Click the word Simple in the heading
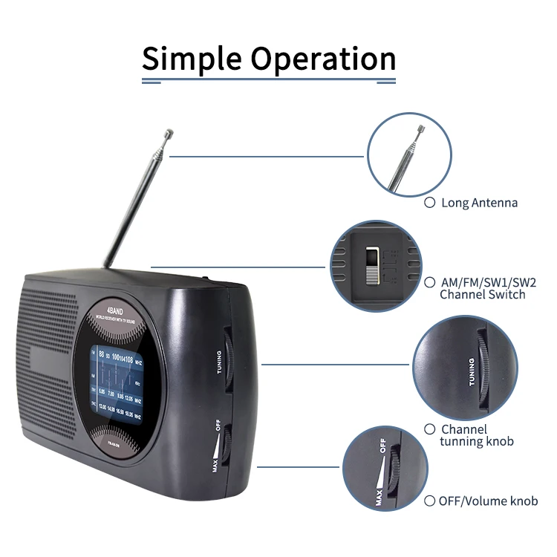coord(190,58)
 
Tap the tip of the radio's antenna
coord(169,134)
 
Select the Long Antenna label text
coord(479,203)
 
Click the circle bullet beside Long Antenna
coord(429,202)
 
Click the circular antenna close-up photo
coord(410,155)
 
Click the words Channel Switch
coord(482,295)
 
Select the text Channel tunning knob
coord(475,435)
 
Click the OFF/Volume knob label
coord(488,501)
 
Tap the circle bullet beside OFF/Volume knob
coord(429,501)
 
